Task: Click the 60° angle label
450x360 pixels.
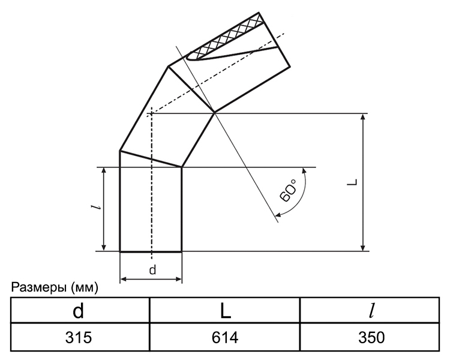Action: [287, 190]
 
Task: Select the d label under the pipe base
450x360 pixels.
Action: [152, 270]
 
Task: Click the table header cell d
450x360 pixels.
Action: [79, 311]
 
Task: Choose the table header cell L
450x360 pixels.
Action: [226, 311]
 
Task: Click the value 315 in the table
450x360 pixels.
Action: [79, 337]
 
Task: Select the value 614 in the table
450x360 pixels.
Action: [225, 337]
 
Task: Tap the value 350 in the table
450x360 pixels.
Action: [371, 337]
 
